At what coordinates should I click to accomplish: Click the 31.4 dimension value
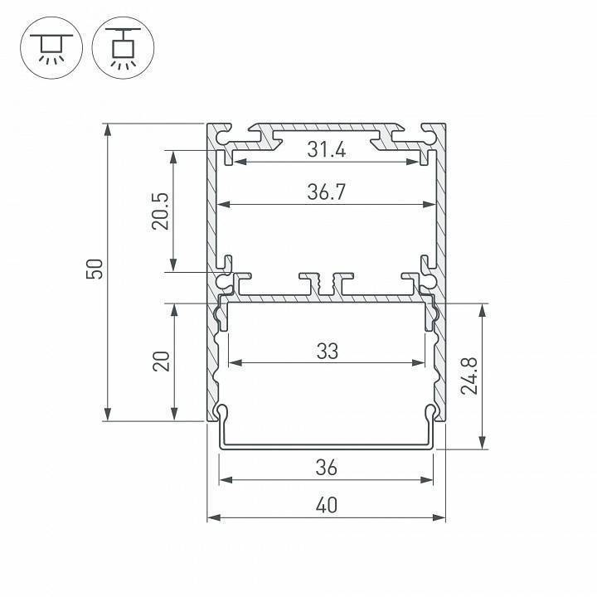click(x=326, y=150)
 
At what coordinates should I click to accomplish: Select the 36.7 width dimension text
click(x=326, y=192)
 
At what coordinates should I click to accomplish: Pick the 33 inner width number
click(x=327, y=352)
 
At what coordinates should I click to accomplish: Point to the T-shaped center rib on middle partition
click(x=326, y=282)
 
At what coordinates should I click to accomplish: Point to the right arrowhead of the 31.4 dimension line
click(x=425, y=162)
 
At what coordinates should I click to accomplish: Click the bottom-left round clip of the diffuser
click(x=221, y=412)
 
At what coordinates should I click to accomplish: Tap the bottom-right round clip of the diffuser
click(x=431, y=412)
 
